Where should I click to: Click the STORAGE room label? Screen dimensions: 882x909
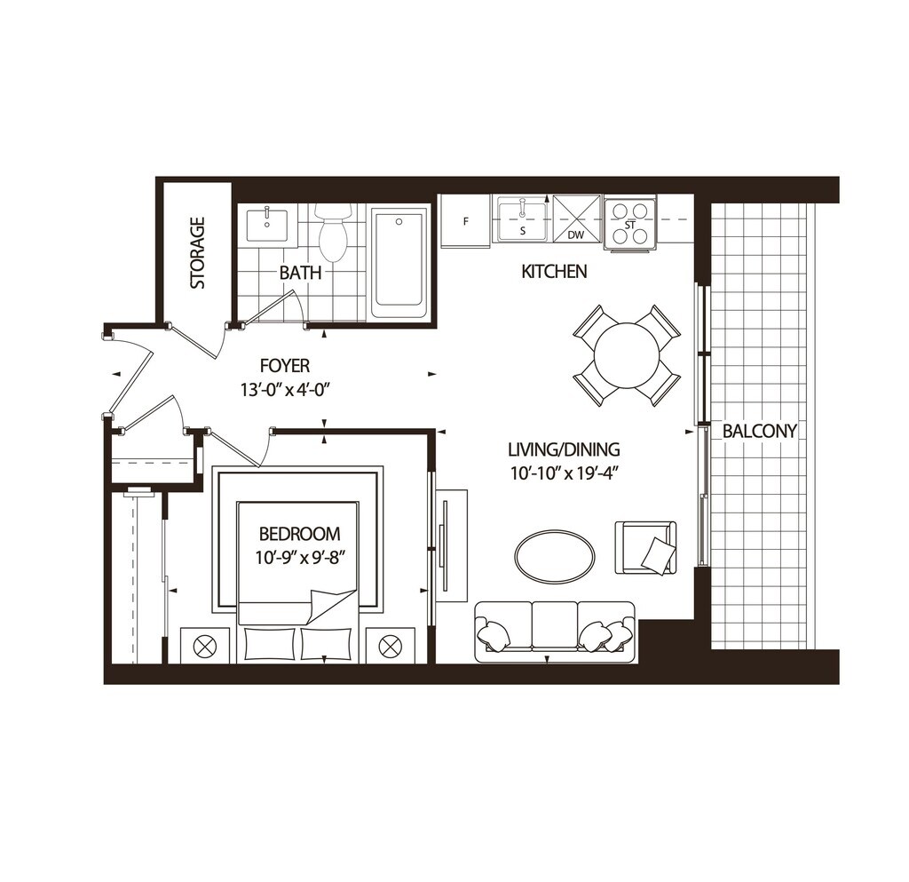197,252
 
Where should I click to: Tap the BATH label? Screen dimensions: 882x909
300,273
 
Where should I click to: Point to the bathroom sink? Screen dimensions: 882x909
266,223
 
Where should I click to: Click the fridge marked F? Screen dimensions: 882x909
465,221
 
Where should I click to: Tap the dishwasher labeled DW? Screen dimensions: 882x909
577,219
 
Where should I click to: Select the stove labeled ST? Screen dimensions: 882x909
630,223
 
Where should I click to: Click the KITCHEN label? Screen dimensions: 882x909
554,272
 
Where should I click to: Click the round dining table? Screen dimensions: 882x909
627,355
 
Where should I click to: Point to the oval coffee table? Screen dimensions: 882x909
555,557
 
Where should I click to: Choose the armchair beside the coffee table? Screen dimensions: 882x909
645,547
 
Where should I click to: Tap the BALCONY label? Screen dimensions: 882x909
759,432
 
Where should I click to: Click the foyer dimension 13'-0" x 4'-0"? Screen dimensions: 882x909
285,388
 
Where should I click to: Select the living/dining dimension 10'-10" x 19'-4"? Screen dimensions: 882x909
564,473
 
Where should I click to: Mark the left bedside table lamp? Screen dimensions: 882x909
205,646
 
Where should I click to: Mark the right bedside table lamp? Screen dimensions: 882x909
391,646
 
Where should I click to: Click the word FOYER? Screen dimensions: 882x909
285,365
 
